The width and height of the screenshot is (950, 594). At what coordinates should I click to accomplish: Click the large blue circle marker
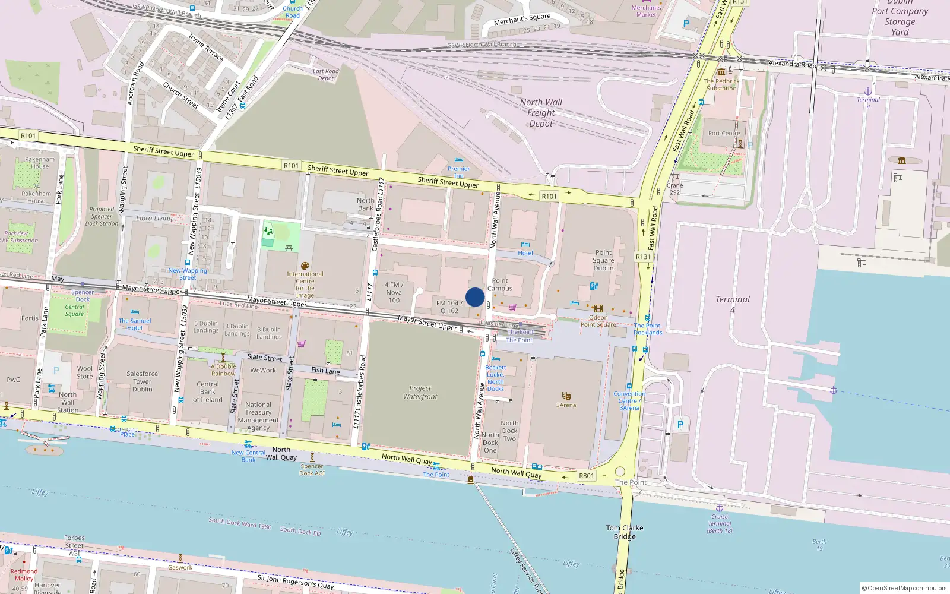pos(475,297)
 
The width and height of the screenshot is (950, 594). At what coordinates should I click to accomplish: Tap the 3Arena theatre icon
pos(566,396)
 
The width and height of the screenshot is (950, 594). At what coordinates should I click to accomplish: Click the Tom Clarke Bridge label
pos(625,532)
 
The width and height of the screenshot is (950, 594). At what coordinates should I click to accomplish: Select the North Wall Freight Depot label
pos(541,113)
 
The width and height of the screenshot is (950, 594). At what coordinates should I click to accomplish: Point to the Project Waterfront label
pos(420,393)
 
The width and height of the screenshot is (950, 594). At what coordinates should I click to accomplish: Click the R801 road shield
pos(586,476)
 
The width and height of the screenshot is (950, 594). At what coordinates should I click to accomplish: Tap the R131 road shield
pos(643,257)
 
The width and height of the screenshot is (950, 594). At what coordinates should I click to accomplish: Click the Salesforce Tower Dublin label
pos(142,381)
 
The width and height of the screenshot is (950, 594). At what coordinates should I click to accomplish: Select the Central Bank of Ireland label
pos(208,391)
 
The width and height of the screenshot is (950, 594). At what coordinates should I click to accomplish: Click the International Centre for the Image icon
pos(305,266)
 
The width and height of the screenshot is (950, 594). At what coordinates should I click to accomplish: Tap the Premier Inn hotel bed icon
pos(458,160)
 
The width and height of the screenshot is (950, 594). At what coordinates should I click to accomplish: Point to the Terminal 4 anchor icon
pos(867,91)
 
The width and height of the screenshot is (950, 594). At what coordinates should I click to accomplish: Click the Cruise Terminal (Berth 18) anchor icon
pos(719,508)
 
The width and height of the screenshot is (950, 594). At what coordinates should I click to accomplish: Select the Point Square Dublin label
pos(603,260)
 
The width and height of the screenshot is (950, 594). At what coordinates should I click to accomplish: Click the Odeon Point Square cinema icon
pos(598,308)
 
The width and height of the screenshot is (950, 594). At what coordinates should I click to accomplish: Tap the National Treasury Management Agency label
pos(258,416)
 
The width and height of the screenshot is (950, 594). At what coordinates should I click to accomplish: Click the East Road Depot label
pos(325,75)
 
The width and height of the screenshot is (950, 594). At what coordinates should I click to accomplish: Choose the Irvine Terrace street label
pos(206,48)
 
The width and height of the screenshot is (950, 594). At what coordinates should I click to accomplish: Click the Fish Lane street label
pos(325,371)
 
